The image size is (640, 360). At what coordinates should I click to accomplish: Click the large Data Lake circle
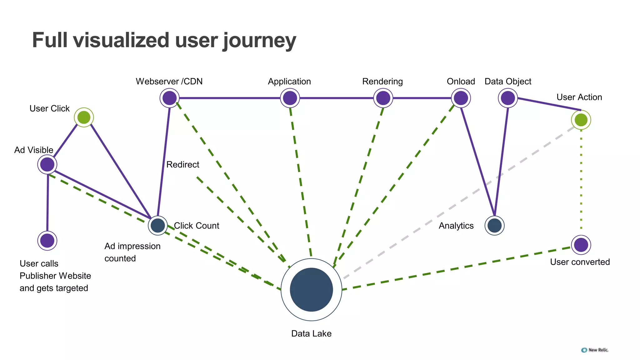pos(311,289)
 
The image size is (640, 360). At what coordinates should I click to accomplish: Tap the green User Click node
pos(84,117)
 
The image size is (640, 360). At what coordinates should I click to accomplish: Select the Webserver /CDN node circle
pos(169,98)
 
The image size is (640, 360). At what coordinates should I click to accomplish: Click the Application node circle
pos(290,98)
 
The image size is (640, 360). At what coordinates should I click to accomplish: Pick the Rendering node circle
pos(383,98)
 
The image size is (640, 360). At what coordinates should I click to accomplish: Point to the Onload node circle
pos(461,98)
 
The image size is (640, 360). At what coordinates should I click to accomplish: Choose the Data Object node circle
pos(507,98)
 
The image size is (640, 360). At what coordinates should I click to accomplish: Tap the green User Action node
pos(581,120)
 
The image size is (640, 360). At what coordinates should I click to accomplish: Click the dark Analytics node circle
pos(494,226)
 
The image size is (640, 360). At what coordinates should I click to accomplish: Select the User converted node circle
pos(581,245)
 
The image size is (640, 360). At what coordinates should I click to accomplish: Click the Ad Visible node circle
pos(47,164)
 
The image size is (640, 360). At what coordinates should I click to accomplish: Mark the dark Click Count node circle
pos(158,225)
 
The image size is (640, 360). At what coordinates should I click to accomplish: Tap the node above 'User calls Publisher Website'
pos(47,241)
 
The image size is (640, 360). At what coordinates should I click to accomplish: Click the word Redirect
pos(182,165)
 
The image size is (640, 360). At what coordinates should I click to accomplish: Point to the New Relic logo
pos(595,350)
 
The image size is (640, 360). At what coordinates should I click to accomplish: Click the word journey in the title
pos(259,41)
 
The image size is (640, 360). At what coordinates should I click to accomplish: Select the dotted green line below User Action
pos(581,181)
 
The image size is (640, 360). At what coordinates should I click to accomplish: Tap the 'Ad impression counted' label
pos(132,252)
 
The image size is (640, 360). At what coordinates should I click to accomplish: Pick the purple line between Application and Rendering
pos(336,98)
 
